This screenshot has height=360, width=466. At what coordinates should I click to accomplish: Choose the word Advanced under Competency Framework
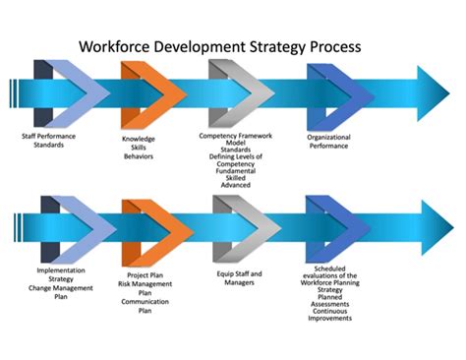click(x=236, y=184)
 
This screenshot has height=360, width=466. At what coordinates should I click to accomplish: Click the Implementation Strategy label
click(x=62, y=272)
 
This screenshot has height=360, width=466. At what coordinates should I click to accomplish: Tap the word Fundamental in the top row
click(x=236, y=170)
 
